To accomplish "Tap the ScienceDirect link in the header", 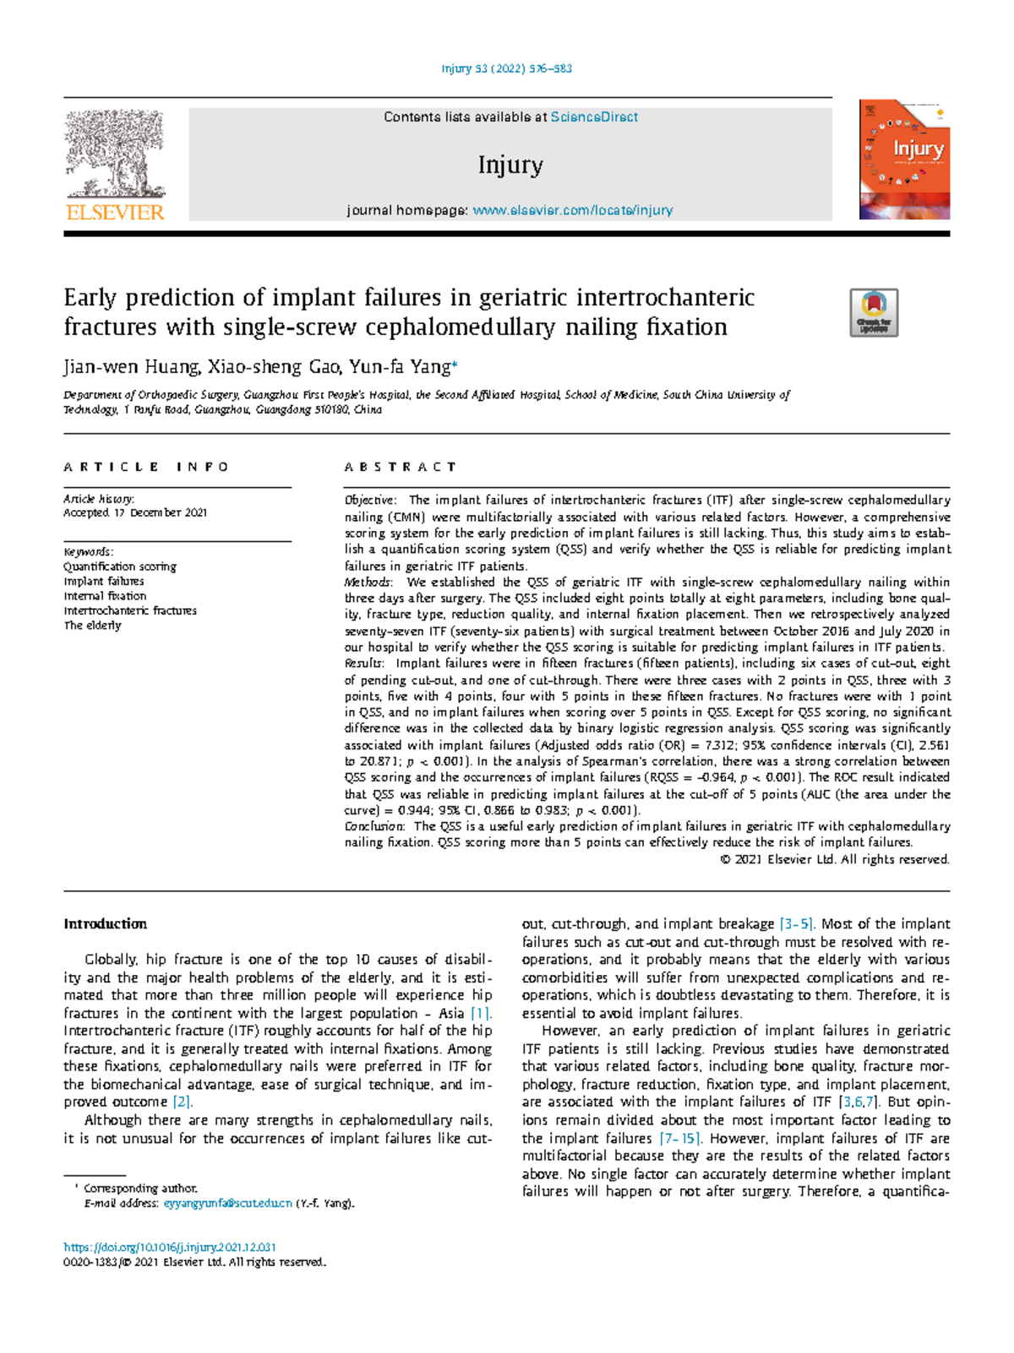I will pos(594,118).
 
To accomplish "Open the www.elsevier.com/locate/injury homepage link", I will pos(572,211).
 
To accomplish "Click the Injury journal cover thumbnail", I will pos(904,160).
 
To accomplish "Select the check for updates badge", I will pos(874,313).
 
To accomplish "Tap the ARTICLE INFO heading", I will pos(145,467).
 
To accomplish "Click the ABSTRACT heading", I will pos(400,467).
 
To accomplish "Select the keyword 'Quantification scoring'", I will pos(120,567).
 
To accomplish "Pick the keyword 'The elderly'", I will pos(92,626).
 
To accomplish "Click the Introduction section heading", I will pos(105,924).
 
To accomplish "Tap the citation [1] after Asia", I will pos(481,1013).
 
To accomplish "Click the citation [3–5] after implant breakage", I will pos(796,924).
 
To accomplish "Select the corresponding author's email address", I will pos(227,1203).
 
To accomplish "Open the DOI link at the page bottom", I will pos(170,1247).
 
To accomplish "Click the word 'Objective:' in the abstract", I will pos(370,501).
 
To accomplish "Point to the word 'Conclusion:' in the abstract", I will pos(374,826).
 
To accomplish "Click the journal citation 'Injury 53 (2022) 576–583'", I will pos(507,68).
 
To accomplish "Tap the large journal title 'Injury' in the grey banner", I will pos(510,165).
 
